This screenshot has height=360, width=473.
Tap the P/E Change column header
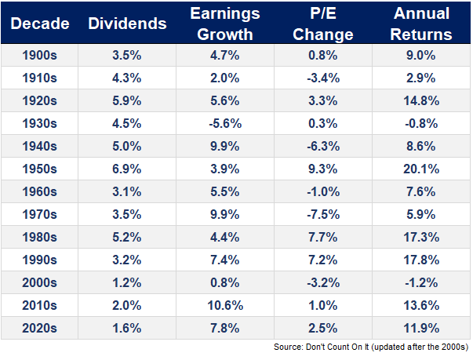pos(326,24)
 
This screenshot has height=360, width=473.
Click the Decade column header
pos(41,24)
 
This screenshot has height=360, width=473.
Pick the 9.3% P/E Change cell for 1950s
pos(326,169)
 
